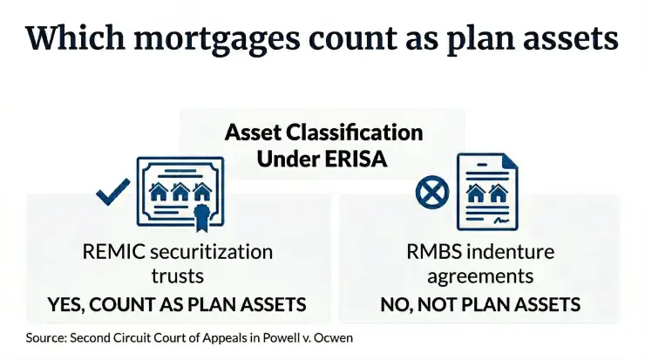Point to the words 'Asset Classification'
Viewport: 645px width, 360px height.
pos(323,132)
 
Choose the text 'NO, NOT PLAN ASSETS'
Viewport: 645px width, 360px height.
pos(481,305)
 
